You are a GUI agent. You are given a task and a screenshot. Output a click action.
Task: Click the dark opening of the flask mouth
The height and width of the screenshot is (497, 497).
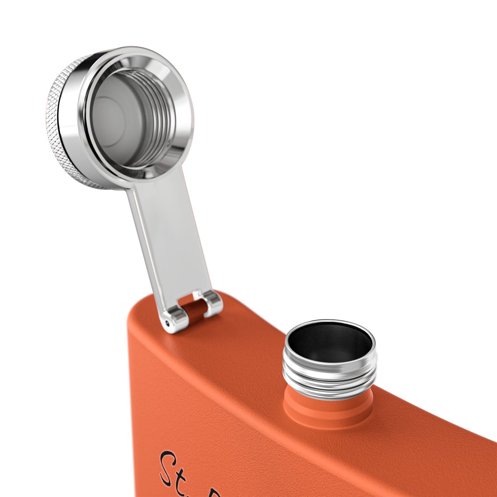click(328, 347)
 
